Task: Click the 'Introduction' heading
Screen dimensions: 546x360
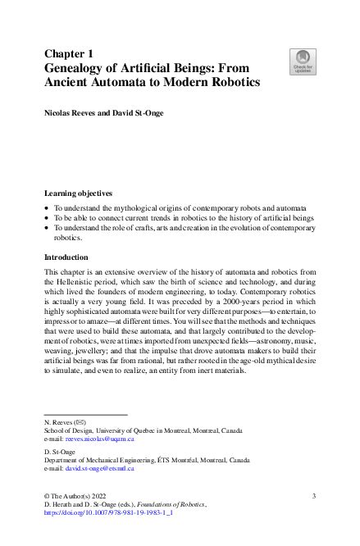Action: [70, 257]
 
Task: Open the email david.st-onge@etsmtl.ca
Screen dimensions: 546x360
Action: [99, 468]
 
